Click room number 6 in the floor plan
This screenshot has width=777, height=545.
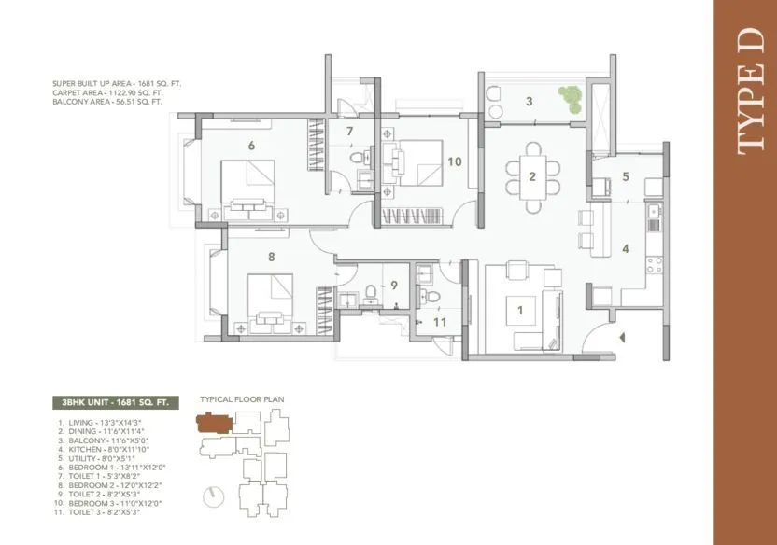click(x=251, y=145)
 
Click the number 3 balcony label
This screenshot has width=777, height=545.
click(x=529, y=101)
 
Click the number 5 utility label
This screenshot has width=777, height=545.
click(x=626, y=175)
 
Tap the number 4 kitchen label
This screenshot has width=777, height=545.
click(x=626, y=248)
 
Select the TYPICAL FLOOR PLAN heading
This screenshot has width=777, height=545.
click(x=242, y=399)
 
